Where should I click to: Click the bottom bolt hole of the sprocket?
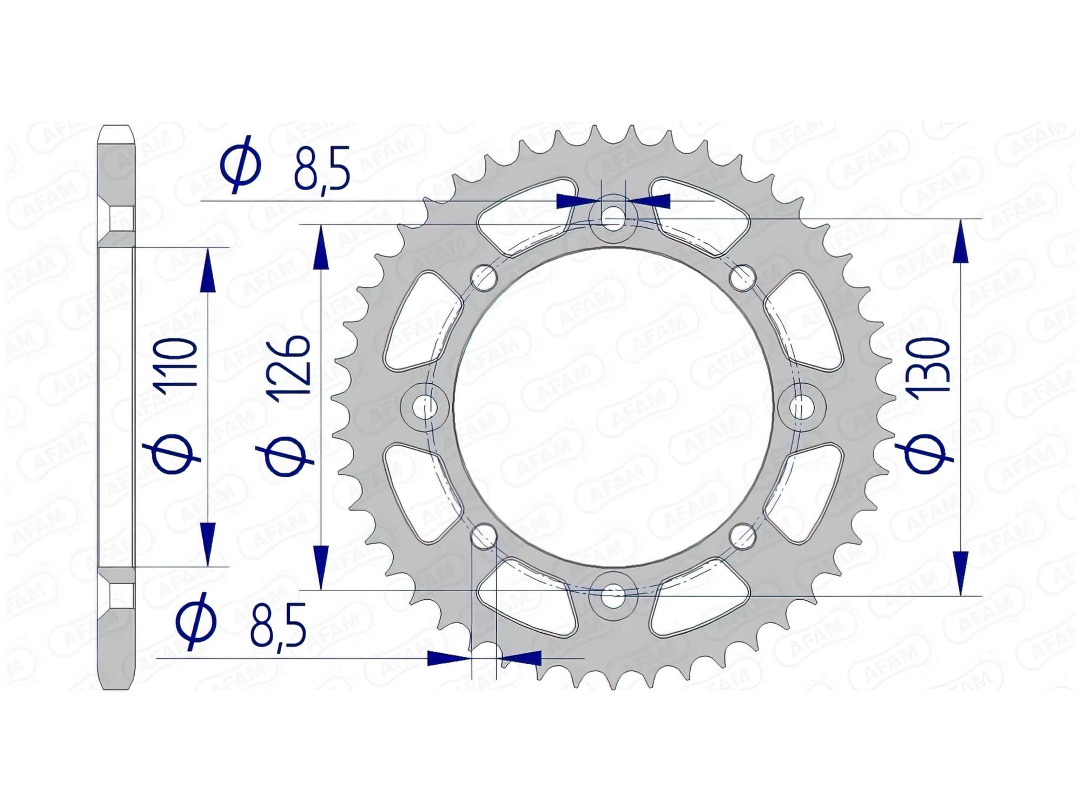click(613, 593)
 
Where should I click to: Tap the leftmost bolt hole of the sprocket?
click(426, 406)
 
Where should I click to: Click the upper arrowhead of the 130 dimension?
click(961, 241)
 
